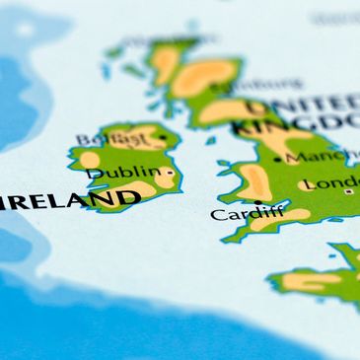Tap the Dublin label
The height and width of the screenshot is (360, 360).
tap(123, 174)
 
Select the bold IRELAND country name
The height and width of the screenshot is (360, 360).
tap(71, 201)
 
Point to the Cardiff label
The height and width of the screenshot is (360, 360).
tap(247, 213)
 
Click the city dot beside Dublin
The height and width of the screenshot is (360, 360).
tap(171, 173)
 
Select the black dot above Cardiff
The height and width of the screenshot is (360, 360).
tap(258, 202)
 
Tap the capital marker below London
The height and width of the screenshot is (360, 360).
tap(347, 192)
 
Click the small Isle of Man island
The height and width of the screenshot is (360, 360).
tap(210, 140)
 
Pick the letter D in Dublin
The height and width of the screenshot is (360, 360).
tap(94, 175)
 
